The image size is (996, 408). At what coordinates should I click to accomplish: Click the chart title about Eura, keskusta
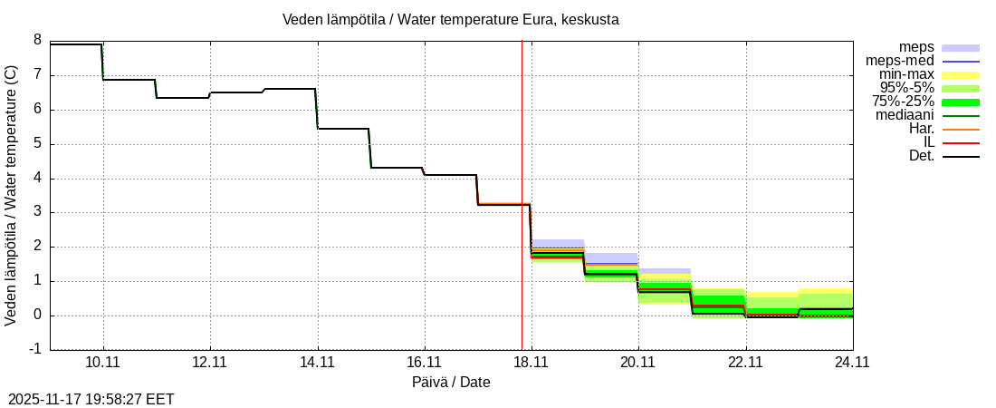[x=450, y=19]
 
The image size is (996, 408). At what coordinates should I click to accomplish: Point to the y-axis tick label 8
[x=37, y=40]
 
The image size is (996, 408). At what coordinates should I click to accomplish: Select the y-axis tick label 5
[x=37, y=143]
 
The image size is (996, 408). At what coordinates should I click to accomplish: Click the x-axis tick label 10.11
[x=103, y=361]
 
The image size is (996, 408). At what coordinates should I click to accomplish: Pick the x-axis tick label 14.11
[x=317, y=361]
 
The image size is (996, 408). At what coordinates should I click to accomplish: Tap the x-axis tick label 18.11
[x=531, y=361]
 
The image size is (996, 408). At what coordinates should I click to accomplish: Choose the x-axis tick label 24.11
[x=852, y=361]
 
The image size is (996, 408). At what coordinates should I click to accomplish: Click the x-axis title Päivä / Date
[x=451, y=382]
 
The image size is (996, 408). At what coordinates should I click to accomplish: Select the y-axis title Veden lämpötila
[x=13, y=196]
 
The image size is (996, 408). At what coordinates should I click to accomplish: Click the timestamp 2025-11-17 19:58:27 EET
[x=91, y=399]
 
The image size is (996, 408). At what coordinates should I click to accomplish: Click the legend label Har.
[x=921, y=129]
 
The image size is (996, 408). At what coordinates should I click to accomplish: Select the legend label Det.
[x=921, y=156]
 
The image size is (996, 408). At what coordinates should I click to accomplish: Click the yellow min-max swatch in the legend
[x=961, y=74]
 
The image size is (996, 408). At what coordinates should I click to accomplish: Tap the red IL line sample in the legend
[x=961, y=142]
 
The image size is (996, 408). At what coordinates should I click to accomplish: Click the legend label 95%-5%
[x=906, y=88]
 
